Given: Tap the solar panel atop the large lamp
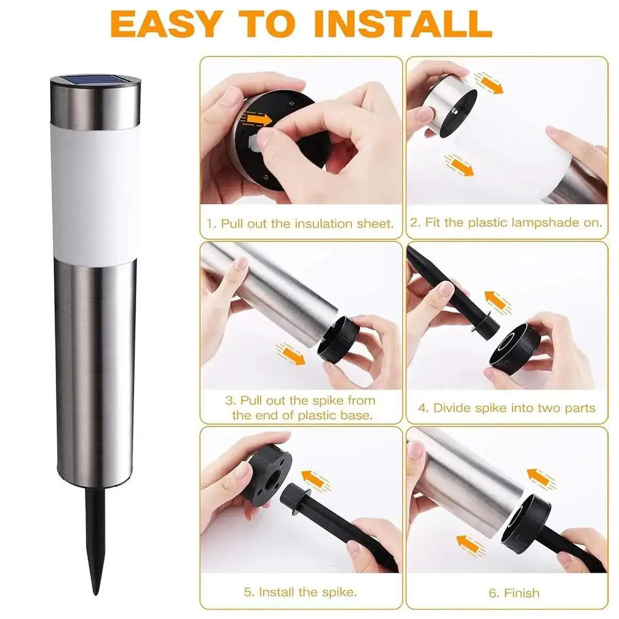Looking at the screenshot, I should [x=95, y=82].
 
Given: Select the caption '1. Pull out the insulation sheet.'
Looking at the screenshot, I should [x=301, y=223].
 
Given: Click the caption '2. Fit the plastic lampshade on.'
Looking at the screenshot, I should [x=506, y=223].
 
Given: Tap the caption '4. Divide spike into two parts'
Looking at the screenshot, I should [x=506, y=408].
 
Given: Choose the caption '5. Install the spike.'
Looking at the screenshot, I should [x=301, y=592].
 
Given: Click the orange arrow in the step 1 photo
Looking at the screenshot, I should [x=259, y=119].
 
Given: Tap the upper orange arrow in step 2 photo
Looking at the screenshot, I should [x=488, y=81].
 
